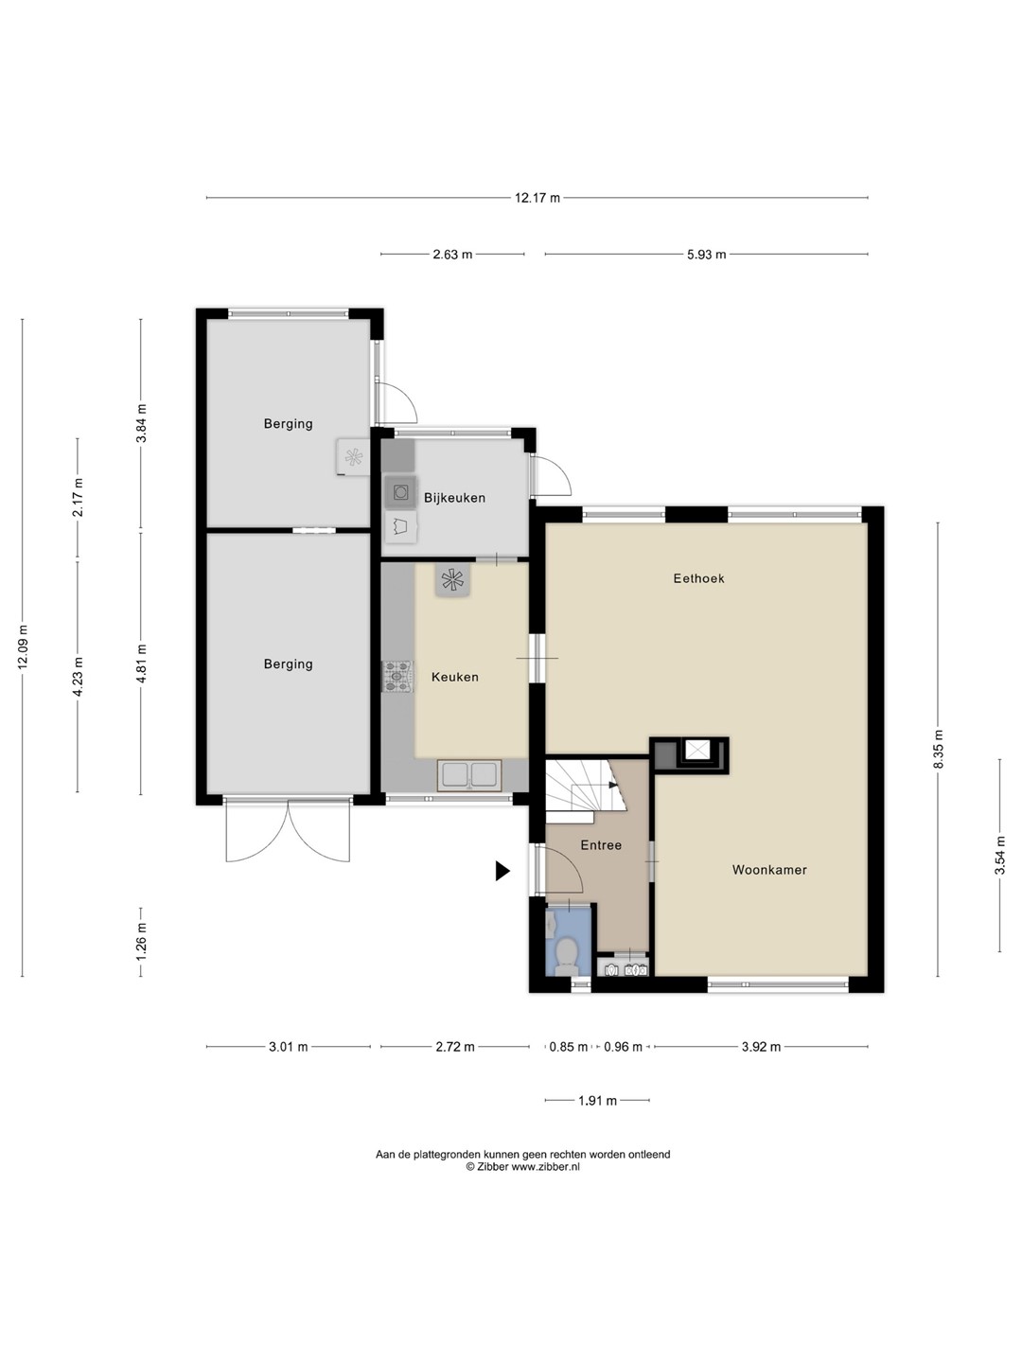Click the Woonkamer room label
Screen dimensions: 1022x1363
[x=769, y=869]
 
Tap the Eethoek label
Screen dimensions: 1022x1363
[x=698, y=578]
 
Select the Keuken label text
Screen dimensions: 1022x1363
[x=455, y=677]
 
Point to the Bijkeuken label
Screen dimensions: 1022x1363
[x=454, y=497]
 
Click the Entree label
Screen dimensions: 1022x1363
[x=601, y=844]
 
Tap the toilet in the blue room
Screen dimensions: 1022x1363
[x=565, y=956]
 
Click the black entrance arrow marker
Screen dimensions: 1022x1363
[x=502, y=871]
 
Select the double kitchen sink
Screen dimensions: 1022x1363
[x=469, y=775]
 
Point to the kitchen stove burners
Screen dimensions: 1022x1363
[x=397, y=677]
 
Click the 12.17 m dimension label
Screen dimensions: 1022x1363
[x=537, y=198]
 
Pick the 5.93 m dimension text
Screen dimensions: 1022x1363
[x=706, y=254]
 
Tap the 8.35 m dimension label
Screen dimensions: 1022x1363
[x=938, y=749]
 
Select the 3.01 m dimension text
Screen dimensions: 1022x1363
[x=288, y=1046]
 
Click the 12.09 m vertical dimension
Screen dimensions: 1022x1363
[x=23, y=646]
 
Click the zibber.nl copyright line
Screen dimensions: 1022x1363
[x=523, y=1167]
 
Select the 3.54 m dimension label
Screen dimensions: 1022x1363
[x=999, y=855]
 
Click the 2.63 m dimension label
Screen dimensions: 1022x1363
[x=452, y=254]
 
